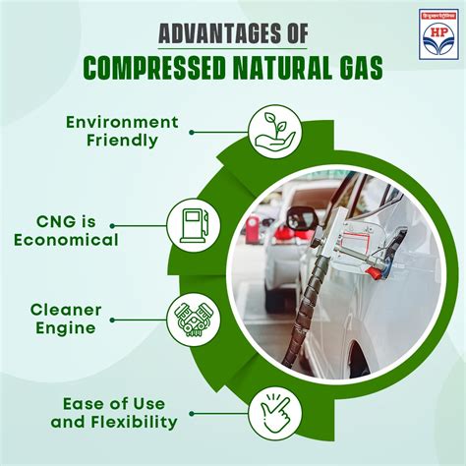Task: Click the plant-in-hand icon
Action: [x=267, y=131]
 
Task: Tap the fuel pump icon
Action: [x=193, y=224]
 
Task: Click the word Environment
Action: [x=122, y=122]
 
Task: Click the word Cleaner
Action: [x=93, y=310]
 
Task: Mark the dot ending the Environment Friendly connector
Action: [x=189, y=131]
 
